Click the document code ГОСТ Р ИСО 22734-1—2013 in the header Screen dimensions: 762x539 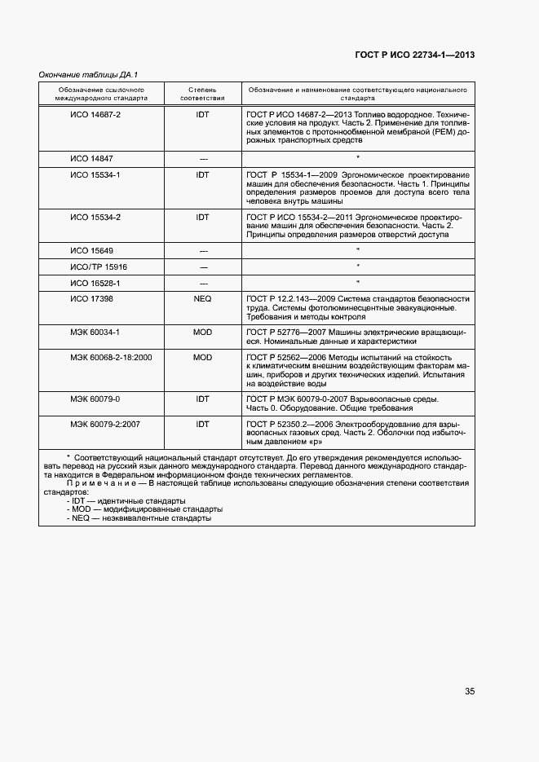tap(414, 55)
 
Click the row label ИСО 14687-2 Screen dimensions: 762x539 tap(95, 115)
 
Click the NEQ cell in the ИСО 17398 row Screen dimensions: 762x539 tap(202, 299)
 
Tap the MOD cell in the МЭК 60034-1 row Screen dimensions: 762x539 tap(202, 333)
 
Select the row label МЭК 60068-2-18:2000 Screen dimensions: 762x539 tap(111, 357)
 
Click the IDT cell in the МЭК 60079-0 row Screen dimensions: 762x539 tap(202, 399)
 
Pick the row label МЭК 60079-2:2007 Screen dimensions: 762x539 tap(105, 424)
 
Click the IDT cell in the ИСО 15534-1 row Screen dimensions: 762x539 tap(202, 174)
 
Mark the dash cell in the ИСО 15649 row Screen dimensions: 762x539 tap(202, 250)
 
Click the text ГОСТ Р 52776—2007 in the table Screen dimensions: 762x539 tap(285, 333)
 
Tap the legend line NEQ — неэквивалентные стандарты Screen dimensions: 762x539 tap(139, 518)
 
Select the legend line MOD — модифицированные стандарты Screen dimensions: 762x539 tap(143, 509)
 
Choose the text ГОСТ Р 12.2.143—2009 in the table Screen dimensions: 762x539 tap(290, 299)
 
